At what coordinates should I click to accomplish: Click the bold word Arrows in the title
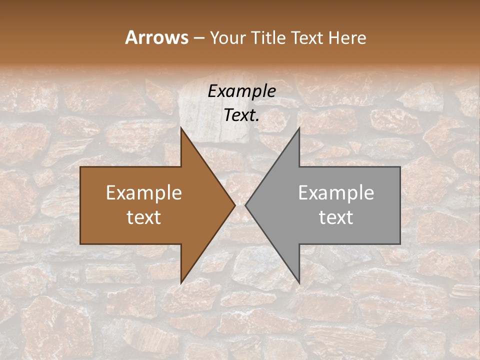[156, 37]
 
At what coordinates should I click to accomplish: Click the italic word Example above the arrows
[241, 91]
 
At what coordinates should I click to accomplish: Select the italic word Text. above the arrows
[241, 115]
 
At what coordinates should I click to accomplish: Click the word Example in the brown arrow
[144, 192]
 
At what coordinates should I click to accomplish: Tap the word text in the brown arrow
[144, 217]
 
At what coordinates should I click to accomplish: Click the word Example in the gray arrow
[336, 192]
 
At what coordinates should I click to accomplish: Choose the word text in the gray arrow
[336, 217]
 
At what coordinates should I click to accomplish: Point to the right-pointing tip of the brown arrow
[235, 205]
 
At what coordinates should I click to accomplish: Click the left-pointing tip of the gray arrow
[245, 205]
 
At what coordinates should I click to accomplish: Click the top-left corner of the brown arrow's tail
[80, 167]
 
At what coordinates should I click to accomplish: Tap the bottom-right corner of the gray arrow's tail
[400, 243]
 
